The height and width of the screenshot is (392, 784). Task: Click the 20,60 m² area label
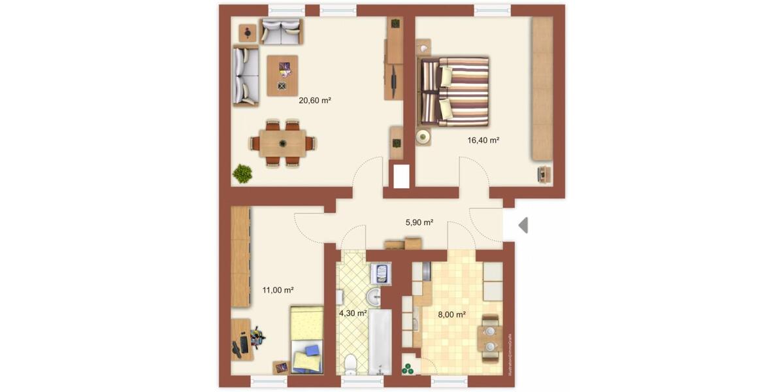[315, 101]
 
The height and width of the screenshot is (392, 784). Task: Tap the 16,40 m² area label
[483, 140]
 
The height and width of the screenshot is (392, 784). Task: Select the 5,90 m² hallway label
[419, 222]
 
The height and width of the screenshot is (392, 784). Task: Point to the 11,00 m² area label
[278, 290]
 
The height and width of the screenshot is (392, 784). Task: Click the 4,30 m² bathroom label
[353, 313]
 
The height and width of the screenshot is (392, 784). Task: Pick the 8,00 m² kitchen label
[451, 314]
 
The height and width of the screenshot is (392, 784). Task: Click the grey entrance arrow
[523, 225]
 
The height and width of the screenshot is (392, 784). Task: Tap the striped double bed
[455, 91]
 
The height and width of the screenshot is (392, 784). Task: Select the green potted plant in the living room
[243, 173]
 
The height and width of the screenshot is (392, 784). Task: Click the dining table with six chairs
[283, 143]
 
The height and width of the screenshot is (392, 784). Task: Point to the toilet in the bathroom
[351, 361]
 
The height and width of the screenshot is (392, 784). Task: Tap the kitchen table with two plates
[490, 338]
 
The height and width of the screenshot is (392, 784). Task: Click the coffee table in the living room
[282, 75]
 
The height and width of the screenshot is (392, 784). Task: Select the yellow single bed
[307, 340]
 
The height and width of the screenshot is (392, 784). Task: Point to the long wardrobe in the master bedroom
[542, 88]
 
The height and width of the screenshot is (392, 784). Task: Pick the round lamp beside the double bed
[423, 137]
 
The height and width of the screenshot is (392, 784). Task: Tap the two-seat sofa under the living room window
[281, 31]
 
